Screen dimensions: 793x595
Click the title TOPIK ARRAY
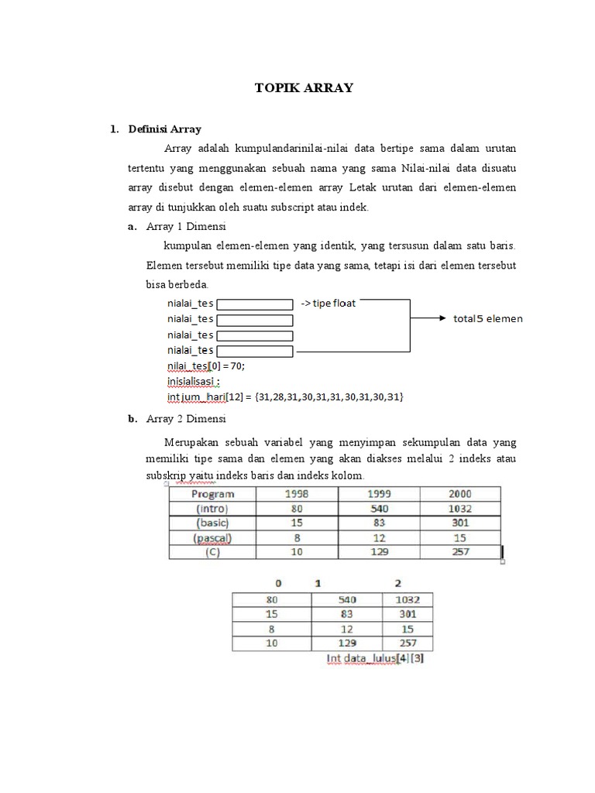pyautogui.click(x=304, y=88)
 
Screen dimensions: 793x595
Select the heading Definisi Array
pyautogui.click(x=165, y=129)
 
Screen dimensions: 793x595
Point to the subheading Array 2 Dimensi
pyautogui.click(x=185, y=419)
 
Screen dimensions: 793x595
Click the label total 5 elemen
pyautogui.click(x=487, y=318)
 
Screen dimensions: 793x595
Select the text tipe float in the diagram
pyautogui.click(x=328, y=303)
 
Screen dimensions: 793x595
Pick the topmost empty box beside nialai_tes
pyautogui.click(x=254, y=304)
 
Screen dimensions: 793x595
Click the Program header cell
pyautogui.click(x=213, y=494)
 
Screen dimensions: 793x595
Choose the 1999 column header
pyautogui.click(x=379, y=494)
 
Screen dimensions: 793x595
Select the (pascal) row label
pyautogui.click(x=213, y=538)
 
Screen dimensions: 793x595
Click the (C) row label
pyautogui.click(x=213, y=552)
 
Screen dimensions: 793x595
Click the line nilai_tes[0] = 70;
pyautogui.click(x=211, y=366)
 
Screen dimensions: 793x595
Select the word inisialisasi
pyautogui.click(x=193, y=381)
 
